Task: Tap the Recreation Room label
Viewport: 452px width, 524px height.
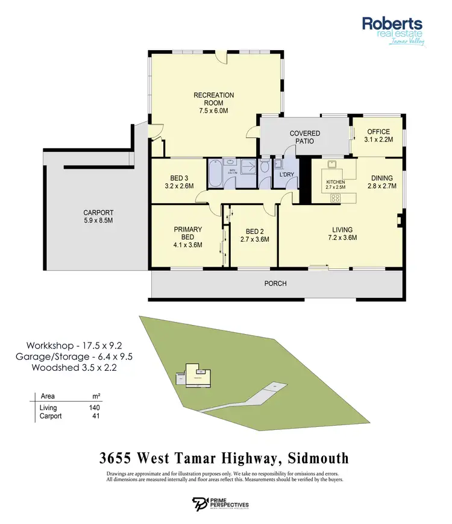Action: pyautogui.click(x=213, y=103)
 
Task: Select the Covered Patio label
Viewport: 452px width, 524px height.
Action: pyautogui.click(x=304, y=137)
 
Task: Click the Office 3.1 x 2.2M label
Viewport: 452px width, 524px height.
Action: pyautogui.click(x=378, y=136)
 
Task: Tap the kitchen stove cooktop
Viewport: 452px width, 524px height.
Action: pyautogui.click(x=335, y=197)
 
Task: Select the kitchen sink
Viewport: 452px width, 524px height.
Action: pyautogui.click(x=331, y=165)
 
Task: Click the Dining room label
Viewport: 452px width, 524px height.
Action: pyautogui.click(x=381, y=182)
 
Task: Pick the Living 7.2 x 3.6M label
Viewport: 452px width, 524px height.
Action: pyautogui.click(x=342, y=233)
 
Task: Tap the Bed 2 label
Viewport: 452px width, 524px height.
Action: pyautogui.click(x=254, y=235)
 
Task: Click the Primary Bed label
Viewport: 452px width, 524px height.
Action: pyautogui.click(x=187, y=237)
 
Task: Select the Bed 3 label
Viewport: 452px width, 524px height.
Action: pyautogui.click(x=179, y=182)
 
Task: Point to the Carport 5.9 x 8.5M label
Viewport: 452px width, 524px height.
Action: pyautogui.click(x=98, y=216)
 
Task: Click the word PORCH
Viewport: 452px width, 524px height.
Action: pyautogui.click(x=276, y=283)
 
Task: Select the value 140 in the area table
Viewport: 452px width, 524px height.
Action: pyautogui.click(x=94, y=408)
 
